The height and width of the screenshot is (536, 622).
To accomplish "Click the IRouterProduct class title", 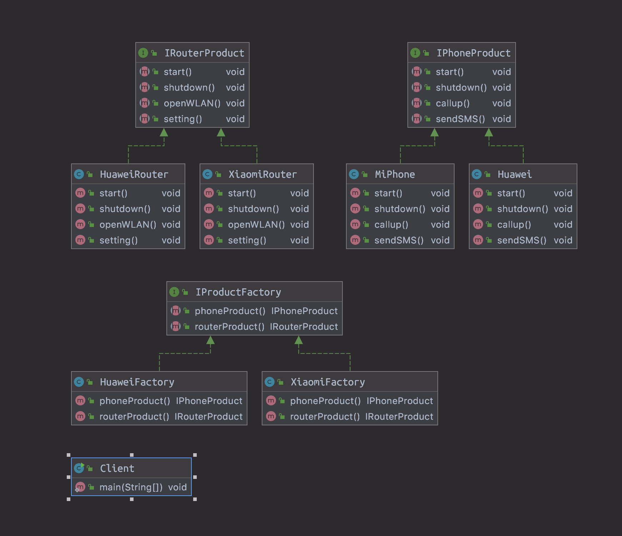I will pos(204,53).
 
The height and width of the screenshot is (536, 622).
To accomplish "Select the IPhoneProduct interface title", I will pos(473,53).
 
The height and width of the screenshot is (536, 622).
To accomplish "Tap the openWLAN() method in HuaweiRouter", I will pos(127,224).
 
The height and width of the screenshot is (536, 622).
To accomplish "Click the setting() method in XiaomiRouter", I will pos(247,240).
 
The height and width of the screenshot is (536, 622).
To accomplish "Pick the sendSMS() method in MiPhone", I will pos(399,240).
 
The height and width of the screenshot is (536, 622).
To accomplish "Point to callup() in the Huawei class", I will pos(514,224).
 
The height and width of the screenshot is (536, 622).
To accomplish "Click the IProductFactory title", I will pos(238,292).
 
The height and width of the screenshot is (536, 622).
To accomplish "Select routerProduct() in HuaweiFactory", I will pos(134,416).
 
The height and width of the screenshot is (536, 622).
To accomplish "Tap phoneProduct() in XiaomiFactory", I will pos(325,401).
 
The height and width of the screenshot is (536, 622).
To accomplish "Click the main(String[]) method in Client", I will pos(131,487).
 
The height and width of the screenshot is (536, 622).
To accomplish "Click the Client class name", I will pos(117,469).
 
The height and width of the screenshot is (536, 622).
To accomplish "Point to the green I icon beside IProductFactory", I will pos(174,292).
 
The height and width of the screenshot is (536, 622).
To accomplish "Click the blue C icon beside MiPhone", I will pos(353,174).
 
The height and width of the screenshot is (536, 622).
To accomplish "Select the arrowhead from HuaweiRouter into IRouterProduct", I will pos(164,132).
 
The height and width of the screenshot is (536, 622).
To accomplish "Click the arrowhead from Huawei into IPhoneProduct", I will pos(489,132).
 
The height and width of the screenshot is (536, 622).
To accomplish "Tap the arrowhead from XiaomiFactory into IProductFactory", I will pos(299,340).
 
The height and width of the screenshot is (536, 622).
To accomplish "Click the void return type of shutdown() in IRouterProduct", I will pos(235,87).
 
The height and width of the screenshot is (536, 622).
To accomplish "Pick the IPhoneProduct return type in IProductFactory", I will pos(304,311).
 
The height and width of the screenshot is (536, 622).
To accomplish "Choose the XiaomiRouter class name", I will pos(262,175).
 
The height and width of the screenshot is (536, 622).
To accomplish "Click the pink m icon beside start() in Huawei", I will pos(478,193).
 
